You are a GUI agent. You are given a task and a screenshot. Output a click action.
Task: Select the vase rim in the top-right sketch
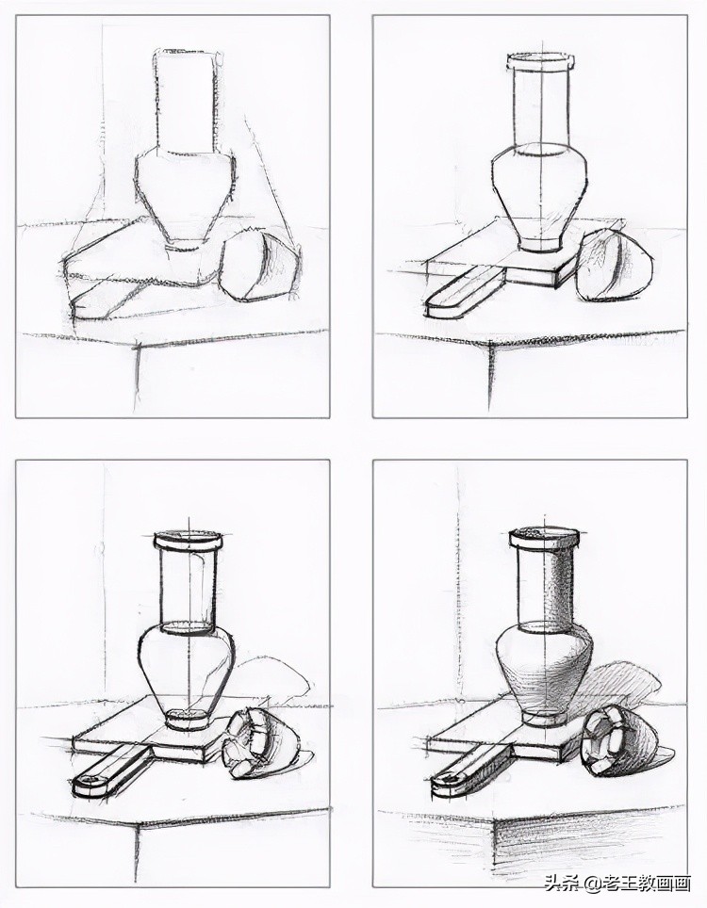pos(540,62)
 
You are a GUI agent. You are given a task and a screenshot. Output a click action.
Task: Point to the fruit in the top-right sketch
pos(615,268)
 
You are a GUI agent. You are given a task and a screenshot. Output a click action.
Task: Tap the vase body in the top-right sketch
pos(540,188)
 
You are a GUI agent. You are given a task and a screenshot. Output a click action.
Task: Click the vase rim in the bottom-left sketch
pos(188,543)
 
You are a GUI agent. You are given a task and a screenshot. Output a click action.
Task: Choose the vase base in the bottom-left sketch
pos(188,721)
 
